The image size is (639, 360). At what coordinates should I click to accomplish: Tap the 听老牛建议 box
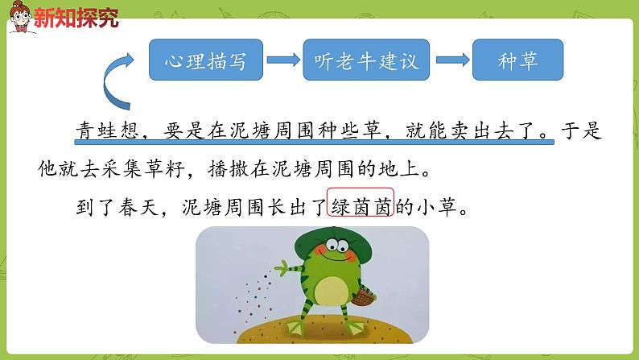361,60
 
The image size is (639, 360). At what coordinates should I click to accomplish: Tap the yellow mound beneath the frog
322,342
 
